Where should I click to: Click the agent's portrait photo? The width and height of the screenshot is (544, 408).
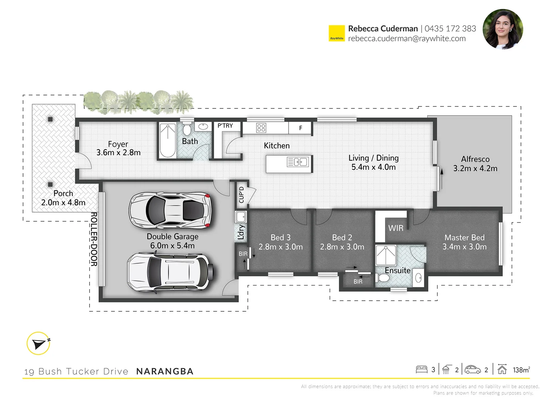click(502, 29)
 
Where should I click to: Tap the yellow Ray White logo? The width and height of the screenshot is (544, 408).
click(337, 33)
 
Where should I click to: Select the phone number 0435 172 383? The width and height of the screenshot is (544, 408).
click(450, 28)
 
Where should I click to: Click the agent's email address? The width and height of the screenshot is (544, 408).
click(407, 39)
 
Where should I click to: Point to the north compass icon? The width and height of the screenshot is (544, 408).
click(39, 343)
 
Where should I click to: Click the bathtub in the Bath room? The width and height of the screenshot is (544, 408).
click(167, 141)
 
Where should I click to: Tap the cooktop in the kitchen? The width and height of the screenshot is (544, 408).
click(261, 128)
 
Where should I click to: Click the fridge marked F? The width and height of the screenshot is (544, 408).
click(301, 128)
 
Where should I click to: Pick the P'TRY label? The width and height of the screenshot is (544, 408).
click(225, 126)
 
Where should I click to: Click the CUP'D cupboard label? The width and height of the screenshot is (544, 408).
click(241, 195)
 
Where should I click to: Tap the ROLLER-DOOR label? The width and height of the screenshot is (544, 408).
click(94, 239)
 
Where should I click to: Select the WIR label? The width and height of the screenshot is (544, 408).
click(396, 228)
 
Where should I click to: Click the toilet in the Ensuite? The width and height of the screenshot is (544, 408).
click(383, 278)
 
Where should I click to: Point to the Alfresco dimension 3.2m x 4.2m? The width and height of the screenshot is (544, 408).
click(475, 168)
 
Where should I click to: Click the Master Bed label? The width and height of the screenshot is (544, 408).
click(464, 238)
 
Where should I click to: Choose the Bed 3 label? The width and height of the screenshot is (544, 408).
click(280, 238)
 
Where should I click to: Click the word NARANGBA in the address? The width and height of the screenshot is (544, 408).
click(165, 371)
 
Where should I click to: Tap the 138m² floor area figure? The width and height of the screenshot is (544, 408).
click(521, 370)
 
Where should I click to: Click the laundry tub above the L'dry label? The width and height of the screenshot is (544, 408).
click(241, 217)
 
